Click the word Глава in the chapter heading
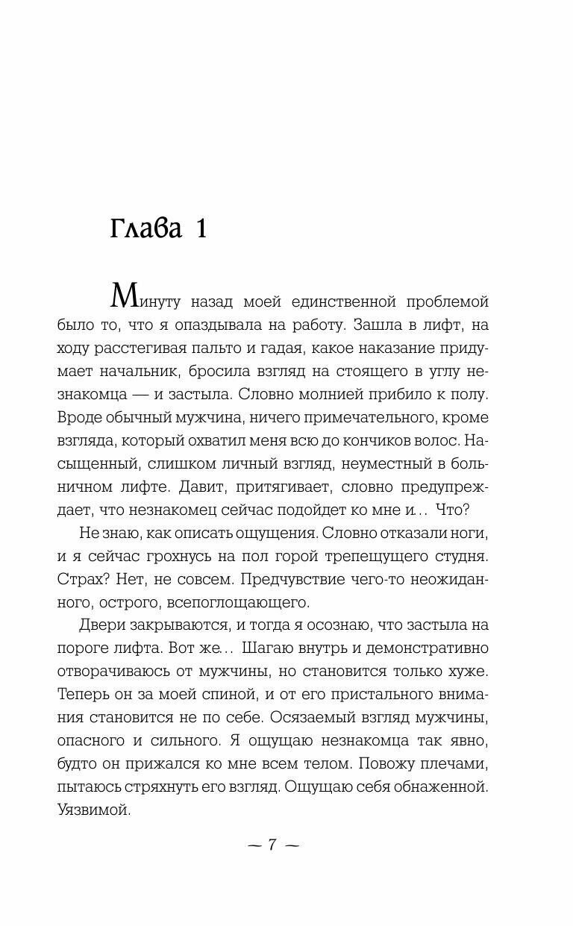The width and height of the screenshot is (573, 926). pyautogui.click(x=146, y=229)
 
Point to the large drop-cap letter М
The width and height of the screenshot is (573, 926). pyautogui.click(x=124, y=296)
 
